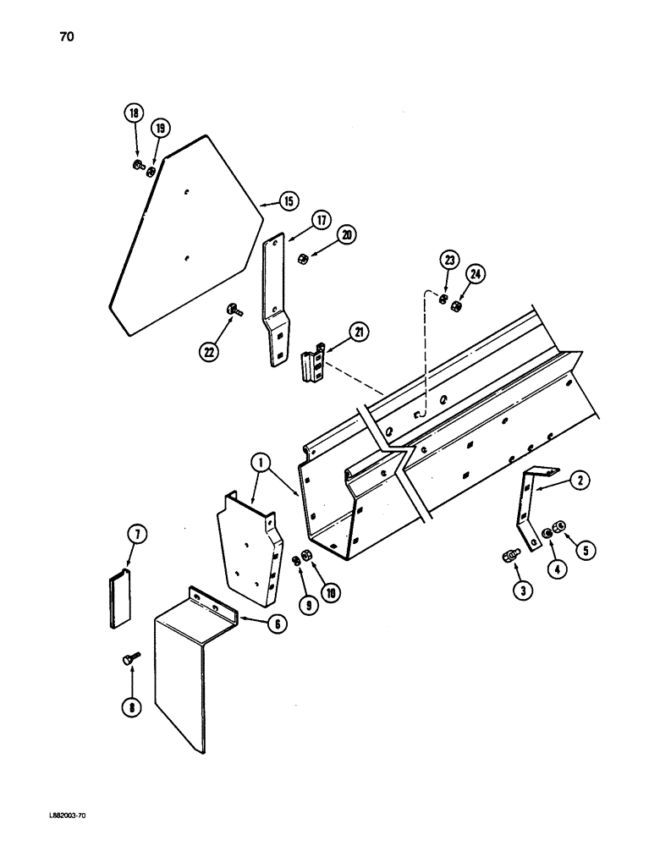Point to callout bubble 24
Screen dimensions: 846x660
(476, 274)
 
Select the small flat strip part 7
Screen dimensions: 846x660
(120, 600)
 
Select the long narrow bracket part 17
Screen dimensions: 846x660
(275, 305)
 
